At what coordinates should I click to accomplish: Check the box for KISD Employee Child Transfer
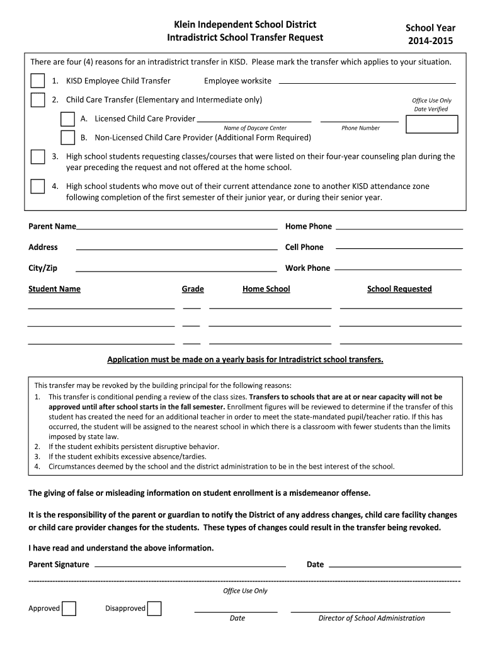[x=38, y=81]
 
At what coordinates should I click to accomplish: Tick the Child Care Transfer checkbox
[x=38, y=100]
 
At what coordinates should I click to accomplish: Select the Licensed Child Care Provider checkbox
[x=67, y=119]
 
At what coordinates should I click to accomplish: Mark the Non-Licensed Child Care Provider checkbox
[x=67, y=138]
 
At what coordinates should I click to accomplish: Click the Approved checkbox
[x=69, y=608]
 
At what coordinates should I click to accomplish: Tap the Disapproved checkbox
[x=154, y=608]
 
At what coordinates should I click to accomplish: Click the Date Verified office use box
[x=431, y=124]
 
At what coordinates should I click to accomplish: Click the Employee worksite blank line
[x=367, y=82]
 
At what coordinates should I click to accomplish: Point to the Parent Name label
[x=52, y=226]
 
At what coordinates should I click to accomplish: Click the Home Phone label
[x=309, y=226]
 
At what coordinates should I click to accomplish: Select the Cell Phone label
[x=304, y=247]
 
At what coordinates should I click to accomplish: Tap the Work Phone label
[x=307, y=268]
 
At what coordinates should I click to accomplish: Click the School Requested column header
[x=399, y=289]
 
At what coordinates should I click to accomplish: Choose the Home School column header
[x=266, y=289]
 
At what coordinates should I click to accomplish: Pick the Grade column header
[x=193, y=289]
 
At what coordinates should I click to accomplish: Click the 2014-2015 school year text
[x=430, y=41]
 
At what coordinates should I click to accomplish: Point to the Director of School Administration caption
[x=372, y=618]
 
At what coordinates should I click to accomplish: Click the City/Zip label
[x=43, y=268]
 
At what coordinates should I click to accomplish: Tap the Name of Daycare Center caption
[x=254, y=128]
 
